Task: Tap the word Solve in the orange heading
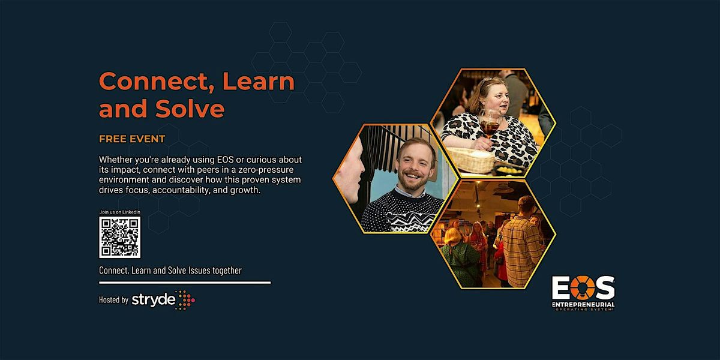[192, 109]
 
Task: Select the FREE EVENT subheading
[132, 139]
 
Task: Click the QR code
[119, 237]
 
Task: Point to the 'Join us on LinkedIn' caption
[119, 212]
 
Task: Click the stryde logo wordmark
[154, 299]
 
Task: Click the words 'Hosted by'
[113, 300]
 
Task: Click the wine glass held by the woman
[491, 124]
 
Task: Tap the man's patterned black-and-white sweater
[402, 210]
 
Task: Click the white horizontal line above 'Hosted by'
[185, 282]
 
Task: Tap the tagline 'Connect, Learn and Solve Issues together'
[170, 270]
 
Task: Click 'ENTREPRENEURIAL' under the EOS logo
[583, 305]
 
